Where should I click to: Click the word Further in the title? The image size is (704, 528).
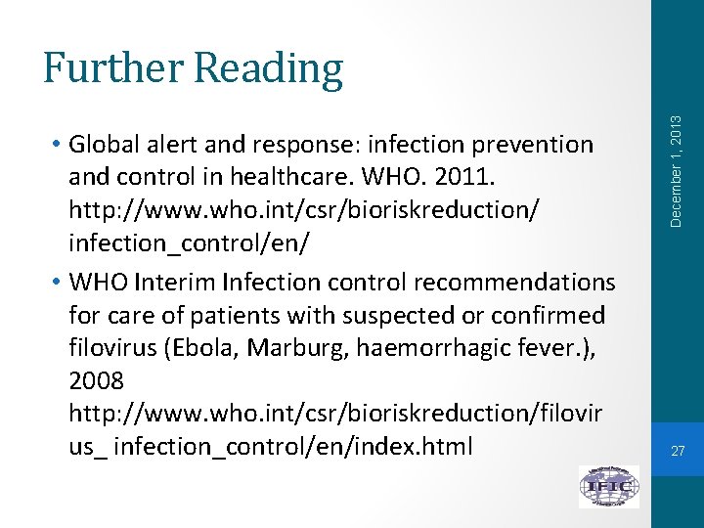(x=113, y=68)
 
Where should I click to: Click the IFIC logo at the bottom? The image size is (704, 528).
(x=609, y=486)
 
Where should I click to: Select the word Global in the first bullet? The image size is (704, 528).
(x=108, y=145)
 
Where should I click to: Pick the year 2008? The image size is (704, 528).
(x=98, y=378)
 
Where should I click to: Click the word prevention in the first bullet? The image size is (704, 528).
(x=533, y=145)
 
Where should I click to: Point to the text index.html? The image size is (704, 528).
(x=411, y=447)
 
